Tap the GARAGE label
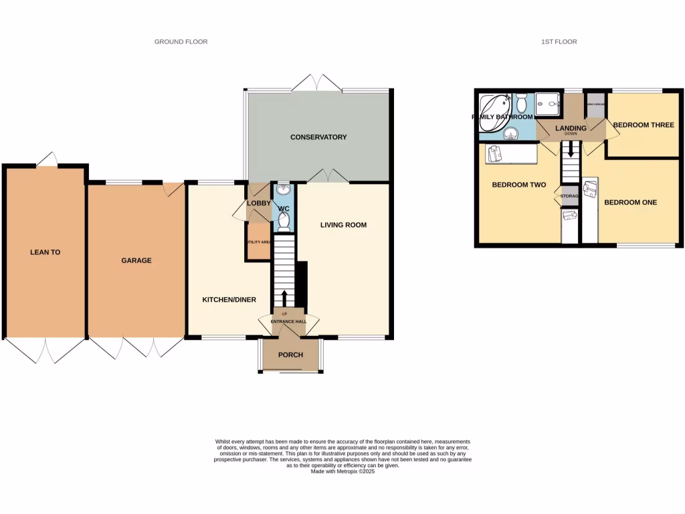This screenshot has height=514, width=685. (x=136, y=260)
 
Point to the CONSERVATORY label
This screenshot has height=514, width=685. (x=318, y=137)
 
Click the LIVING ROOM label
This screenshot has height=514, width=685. (x=343, y=225)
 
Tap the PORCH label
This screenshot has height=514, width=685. (x=290, y=355)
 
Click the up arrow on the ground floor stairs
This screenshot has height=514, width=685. (x=284, y=296)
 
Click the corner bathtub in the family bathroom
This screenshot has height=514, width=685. (x=496, y=106)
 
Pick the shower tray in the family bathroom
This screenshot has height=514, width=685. (x=549, y=102)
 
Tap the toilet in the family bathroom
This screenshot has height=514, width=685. (x=522, y=103)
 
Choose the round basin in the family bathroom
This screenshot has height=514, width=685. (x=512, y=133)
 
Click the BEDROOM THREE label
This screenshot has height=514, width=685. (x=644, y=124)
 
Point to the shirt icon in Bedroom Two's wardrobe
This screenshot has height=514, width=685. (x=494, y=153)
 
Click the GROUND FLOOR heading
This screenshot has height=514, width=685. (x=181, y=41)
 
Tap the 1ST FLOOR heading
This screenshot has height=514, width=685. (x=559, y=41)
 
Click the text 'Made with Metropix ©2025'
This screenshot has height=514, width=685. (x=342, y=471)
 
